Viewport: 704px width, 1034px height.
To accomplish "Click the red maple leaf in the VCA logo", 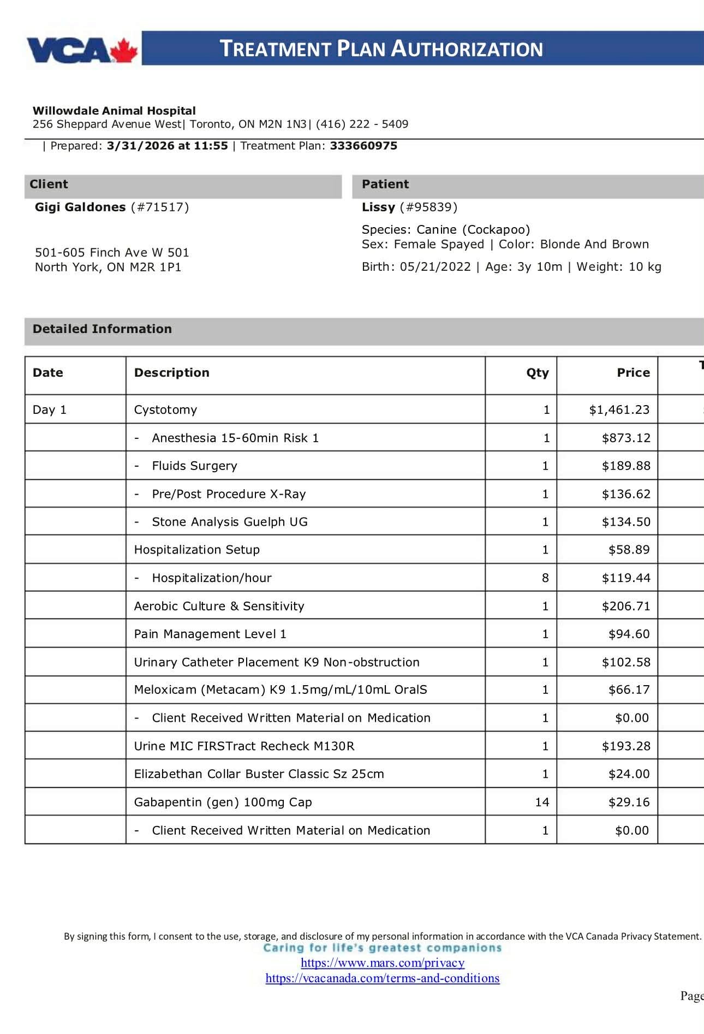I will (x=124, y=51).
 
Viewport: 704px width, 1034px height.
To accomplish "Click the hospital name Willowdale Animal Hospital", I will (x=114, y=111).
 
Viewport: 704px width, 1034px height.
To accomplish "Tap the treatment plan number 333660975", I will (x=363, y=146).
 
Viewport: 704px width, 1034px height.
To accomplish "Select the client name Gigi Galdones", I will (x=80, y=207).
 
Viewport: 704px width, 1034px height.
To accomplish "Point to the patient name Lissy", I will (x=378, y=207).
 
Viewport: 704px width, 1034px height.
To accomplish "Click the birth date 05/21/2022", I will (x=435, y=267).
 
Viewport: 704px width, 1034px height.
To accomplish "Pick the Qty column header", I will (x=537, y=373).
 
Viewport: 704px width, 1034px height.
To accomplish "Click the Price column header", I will (x=633, y=373).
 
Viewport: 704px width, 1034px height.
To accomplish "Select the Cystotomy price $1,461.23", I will (x=619, y=410).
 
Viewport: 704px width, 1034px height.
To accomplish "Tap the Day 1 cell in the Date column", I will (x=50, y=410).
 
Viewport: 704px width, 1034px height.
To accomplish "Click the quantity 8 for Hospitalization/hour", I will (x=545, y=578).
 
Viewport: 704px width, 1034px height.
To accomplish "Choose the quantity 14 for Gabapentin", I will (x=542, y=803).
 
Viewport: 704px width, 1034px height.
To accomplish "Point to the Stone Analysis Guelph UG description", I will (x=229, y=522).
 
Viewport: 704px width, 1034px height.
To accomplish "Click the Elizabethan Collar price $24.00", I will (x=629, y=774).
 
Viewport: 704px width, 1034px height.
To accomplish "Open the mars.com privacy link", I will (x=383, y=962).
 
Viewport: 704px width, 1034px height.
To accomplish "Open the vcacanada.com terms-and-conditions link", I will (x=383, y=978).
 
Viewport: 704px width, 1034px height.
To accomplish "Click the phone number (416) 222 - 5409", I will (x=362, y=124).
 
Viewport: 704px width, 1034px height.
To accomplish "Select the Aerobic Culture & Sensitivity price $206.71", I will (x=625, y=606).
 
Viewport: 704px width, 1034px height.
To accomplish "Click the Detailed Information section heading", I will (x=102, y=329).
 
